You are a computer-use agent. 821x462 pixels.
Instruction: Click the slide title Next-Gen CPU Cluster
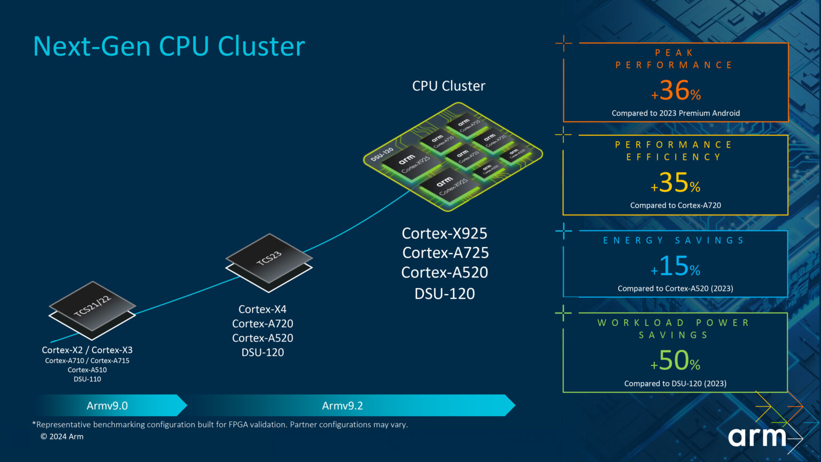[x=169, y=46]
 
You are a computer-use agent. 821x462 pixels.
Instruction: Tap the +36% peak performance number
[x=676, y=90]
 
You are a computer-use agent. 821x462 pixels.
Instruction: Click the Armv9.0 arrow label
[x=107, y=406]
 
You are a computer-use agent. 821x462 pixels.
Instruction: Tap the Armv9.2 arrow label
[x=342, y=406]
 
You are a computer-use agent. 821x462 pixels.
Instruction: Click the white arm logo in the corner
[x=757, y=437]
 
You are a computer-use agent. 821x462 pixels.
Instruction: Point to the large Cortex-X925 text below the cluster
[x=444, y=234]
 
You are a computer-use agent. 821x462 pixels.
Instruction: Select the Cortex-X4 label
[x=262, y=309]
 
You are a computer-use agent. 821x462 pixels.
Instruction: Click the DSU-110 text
[x=87, y=379]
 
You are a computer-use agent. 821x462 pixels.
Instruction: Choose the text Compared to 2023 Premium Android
[x=676, y=113]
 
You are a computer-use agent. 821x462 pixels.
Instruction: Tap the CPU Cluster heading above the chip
[x=448, y=86]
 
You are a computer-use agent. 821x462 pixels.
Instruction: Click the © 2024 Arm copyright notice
[x=62, y=436]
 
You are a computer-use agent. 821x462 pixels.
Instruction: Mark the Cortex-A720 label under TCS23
[x=262, y=324]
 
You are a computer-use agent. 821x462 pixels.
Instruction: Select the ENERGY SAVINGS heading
[x=673, y=241]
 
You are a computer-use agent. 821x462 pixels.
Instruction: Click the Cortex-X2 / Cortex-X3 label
[x=87, y=350]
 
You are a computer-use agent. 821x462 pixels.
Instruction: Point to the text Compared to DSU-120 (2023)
[x=675, y=383]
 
